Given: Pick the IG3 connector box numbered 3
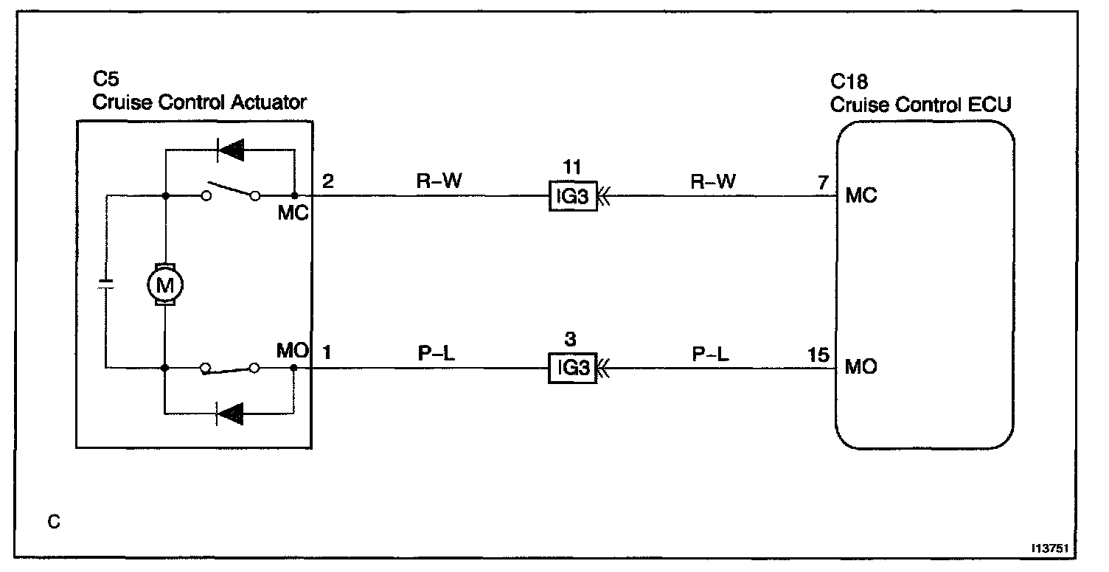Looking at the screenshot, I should [x=571, y=368].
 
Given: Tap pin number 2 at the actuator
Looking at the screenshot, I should [x=328, y=181].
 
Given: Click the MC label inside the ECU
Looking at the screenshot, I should [x=861, y=198].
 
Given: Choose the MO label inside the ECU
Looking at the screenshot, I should [x=861, y=367].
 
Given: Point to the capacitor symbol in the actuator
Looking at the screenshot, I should [x=106, y=282].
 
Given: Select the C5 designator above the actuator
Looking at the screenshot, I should [x=105, y=80].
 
